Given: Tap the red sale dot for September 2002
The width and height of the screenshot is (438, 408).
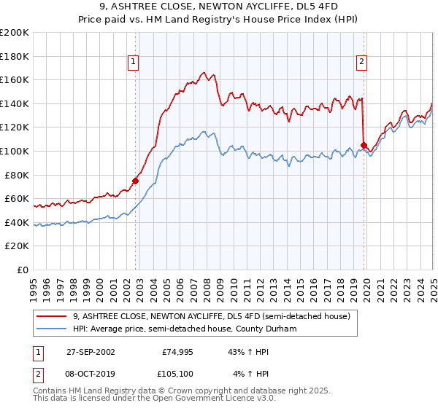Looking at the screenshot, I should tap(135, 181).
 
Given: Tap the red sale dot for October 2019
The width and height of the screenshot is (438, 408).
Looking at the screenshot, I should tap(364, 145).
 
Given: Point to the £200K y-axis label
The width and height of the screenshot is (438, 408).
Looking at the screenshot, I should tap(15, 33).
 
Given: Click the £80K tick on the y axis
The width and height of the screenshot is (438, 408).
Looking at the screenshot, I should tap(17, 175).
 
